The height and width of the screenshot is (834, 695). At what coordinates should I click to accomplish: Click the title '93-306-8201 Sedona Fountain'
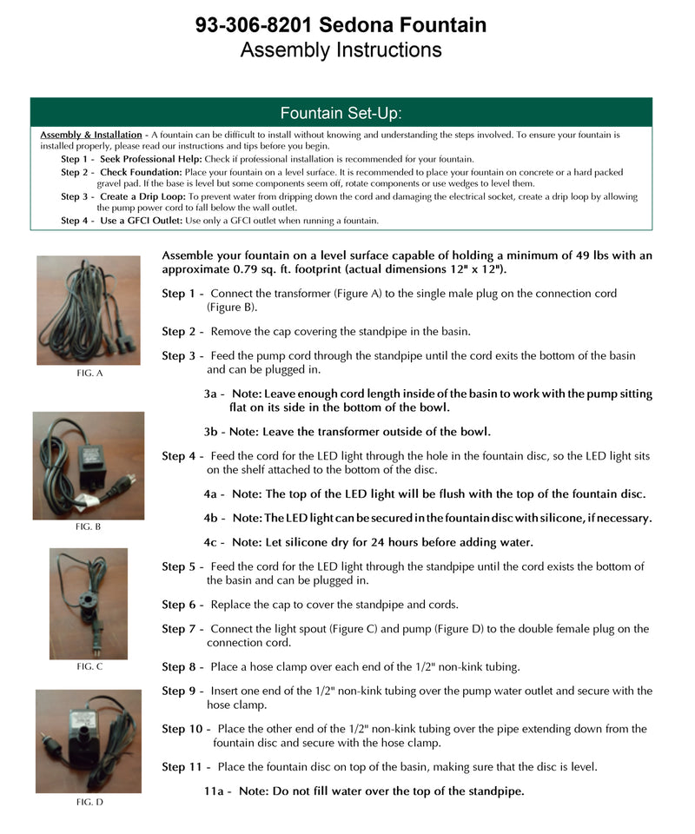341,25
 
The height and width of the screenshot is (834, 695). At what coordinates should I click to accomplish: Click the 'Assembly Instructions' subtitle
341,50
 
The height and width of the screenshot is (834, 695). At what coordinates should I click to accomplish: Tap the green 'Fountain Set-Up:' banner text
341,113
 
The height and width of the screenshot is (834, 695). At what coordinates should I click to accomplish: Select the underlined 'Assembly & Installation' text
91,135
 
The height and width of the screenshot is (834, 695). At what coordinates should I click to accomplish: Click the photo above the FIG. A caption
89,309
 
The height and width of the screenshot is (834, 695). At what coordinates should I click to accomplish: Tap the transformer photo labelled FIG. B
89,466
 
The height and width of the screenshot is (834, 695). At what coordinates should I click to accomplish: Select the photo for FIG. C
89,603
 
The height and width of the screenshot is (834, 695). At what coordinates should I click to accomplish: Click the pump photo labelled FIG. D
89,741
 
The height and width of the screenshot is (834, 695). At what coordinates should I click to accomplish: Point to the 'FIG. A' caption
89,373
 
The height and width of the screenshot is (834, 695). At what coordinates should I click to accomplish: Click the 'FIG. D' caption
89,803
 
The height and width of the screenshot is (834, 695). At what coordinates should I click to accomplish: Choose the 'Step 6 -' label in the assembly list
183,605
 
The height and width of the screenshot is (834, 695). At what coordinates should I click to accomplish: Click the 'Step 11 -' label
187,767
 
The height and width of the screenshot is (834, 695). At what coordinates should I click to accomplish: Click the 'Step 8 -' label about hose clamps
183,667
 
